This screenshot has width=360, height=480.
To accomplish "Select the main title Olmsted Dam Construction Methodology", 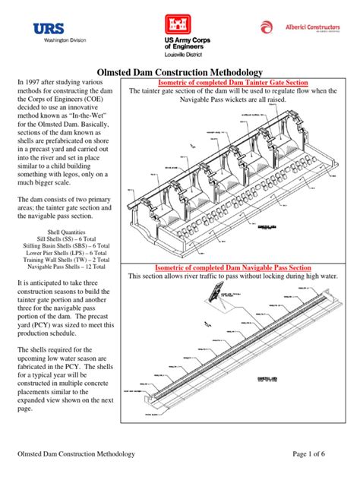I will (x=179, y=71).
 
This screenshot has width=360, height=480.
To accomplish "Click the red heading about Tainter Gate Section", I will (x=232, y=82).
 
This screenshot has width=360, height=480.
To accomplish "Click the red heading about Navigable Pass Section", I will (x=233, y=267).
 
